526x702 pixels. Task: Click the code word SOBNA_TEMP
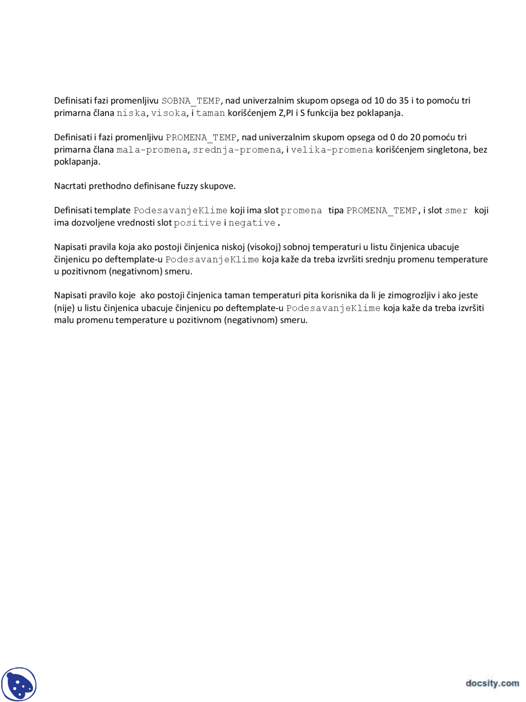191,101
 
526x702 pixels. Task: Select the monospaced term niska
131,113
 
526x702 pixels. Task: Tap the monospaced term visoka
168,113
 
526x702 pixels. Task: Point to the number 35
404,101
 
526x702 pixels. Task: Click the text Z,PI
286,113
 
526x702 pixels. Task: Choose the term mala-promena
152,150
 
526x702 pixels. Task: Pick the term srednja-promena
237,150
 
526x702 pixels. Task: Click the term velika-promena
332,150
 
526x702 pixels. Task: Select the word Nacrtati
70,186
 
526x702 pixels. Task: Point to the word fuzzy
187,186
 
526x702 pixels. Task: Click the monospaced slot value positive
197,223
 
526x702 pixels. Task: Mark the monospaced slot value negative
252,223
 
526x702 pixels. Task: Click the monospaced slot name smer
456,211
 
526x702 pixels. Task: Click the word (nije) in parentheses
65,308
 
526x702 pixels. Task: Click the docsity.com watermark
492,683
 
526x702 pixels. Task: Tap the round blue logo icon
19,684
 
